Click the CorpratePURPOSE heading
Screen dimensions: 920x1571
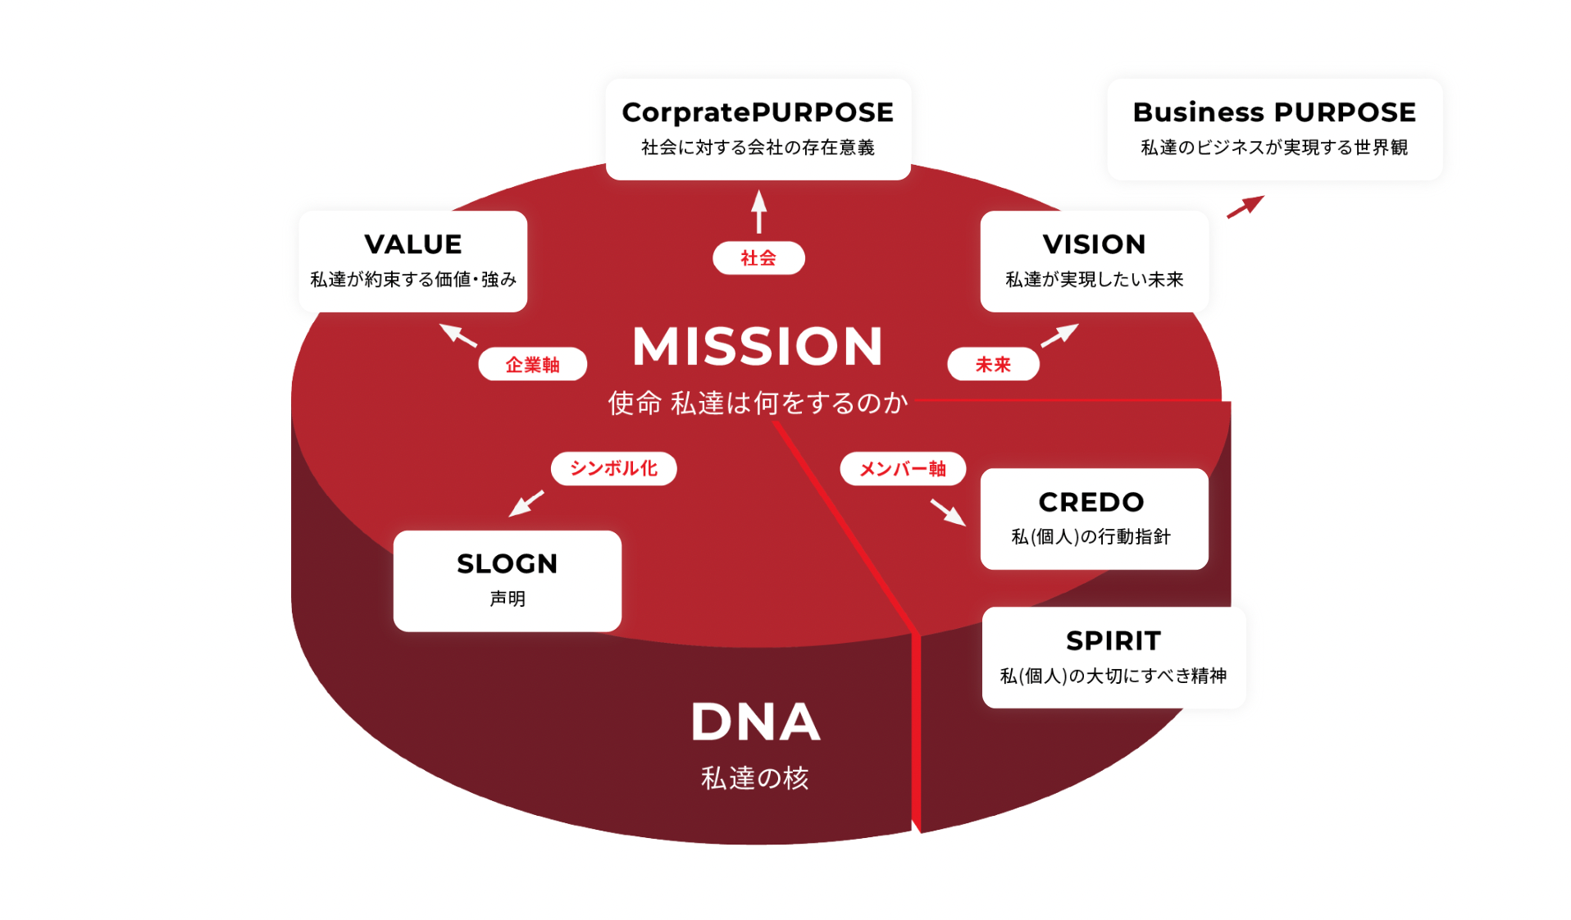(x=757, y=112)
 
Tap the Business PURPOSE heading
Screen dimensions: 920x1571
(x=1273, y=112)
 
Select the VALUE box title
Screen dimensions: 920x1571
(x=412, y=244)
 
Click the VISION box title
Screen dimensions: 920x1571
(x=1094, y=244)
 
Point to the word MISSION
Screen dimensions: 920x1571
(x=757, y=346)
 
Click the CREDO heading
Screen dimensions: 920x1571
(x=1091, y=502)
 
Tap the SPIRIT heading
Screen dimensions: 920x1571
(x=1113, y=640)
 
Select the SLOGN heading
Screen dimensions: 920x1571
(x=507, y=564)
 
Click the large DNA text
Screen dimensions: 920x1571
(x=755, y=722)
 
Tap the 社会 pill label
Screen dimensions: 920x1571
(x=758, y=258)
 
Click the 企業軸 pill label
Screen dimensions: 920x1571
(x=532, y=365)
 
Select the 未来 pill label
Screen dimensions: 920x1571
(x=993, y=365)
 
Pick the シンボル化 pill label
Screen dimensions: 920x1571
(x=613, y=468)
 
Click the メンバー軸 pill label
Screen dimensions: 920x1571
(x=902, y=469)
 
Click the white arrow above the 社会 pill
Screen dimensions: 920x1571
(x=759, y=211)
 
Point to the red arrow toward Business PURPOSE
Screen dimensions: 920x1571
(x=1245, y=207)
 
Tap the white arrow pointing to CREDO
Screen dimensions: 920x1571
(x=947, y=512)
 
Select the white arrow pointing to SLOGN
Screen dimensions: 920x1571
(x=526, y=503)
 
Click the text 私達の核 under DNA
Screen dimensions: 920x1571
(x=754, y=778)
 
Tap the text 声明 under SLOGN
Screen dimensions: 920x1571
(x=507, y=599)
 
